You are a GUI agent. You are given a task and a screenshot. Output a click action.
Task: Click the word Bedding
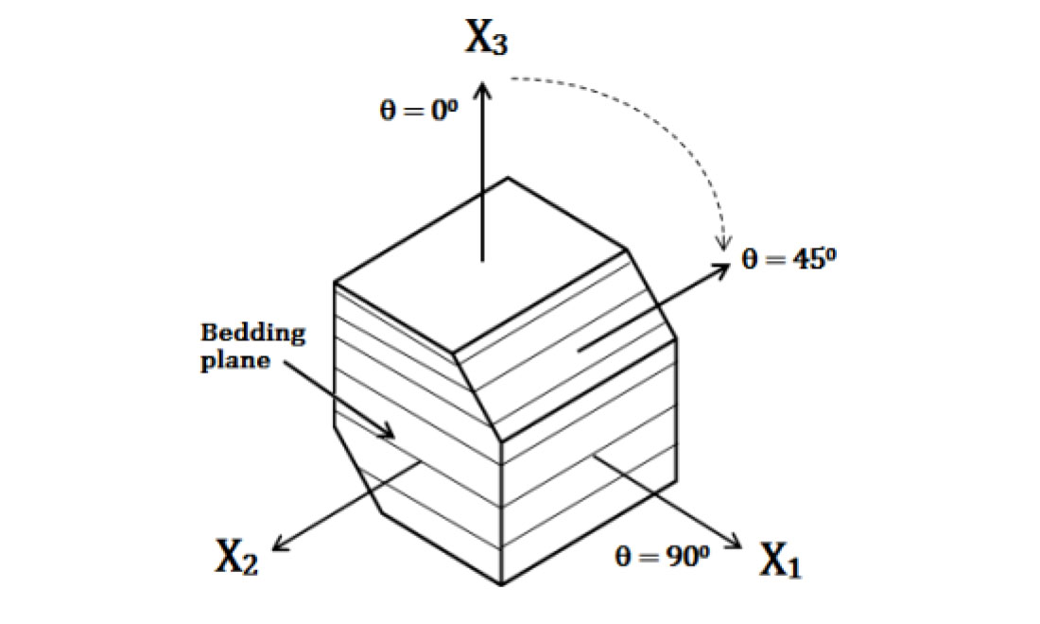pyautogui.click(x=253, y=333)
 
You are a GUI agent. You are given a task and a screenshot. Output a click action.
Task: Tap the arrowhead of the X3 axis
pyautogui.click(x=483, y=88)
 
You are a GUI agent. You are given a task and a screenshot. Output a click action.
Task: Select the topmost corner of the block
pyautogui.click(x=509, y=178)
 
